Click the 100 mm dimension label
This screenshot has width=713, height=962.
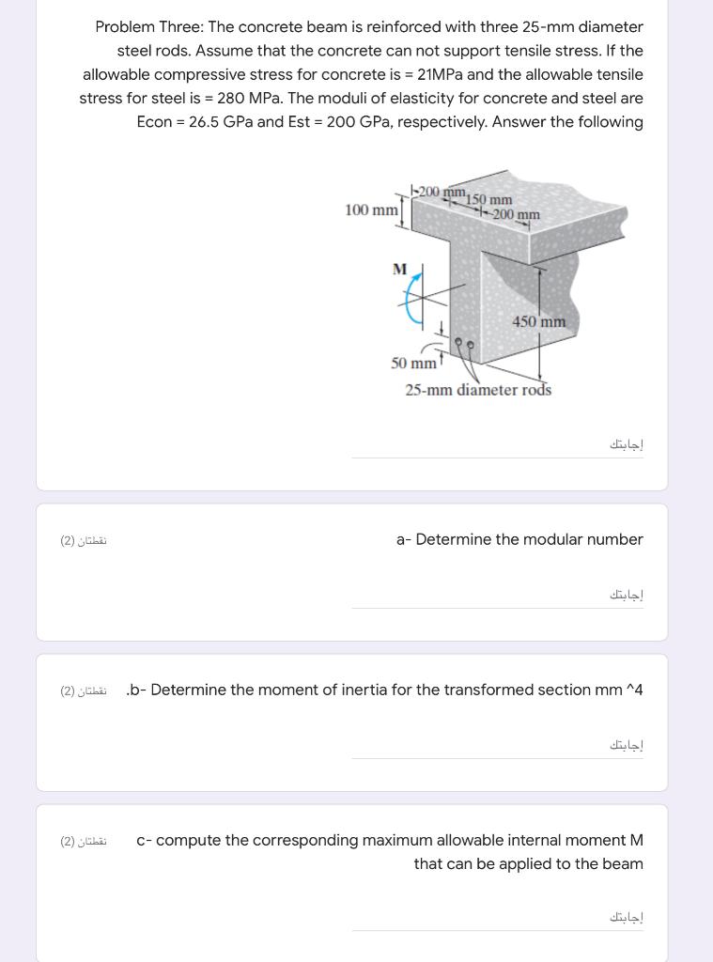[x=372, y=209]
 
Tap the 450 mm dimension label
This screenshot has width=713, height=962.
[x=539, y=322]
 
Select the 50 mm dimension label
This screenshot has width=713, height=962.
[x=413, y=364]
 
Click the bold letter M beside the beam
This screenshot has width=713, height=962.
[x=400, y=269]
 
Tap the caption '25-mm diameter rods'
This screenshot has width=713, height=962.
[x=478, y=390]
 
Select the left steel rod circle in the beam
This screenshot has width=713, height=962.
[x=458, y=344]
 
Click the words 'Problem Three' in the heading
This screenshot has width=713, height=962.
[x=141, y=26]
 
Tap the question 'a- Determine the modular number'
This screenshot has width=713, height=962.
[x=519, y=539]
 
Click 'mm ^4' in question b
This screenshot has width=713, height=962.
[x=619, y=690]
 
